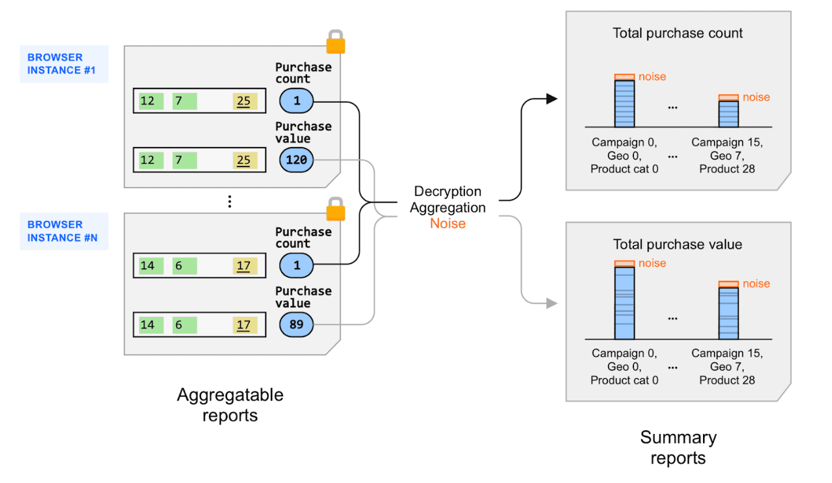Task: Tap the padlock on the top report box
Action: tap(335, 43)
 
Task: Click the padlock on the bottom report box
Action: tap(335, 209)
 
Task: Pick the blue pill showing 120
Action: tap(296, 160)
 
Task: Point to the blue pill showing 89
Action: tap(296, 325)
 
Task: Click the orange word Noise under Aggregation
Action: tap(447, 223)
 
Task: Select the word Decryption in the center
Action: tap(447, 191)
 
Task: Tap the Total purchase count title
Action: tap(678, 33)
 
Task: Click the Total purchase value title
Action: tap(678, 245)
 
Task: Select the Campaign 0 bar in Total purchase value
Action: tap(624, 303)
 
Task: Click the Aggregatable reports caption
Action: tap(230, 405)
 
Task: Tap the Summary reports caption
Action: tap(678, 447)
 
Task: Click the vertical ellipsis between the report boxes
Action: tap(229, 202)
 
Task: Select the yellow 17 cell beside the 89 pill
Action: tap(245, 325)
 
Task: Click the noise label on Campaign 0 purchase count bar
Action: tap(652, 77)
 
